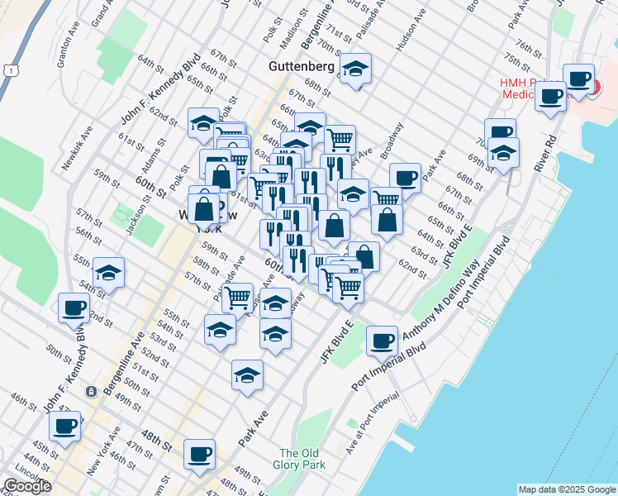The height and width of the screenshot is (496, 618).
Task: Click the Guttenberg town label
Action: click(x=301, y=65)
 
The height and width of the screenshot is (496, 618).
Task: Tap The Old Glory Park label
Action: click(x=300, y=460)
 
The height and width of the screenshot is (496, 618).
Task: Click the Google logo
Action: click(x=27, y=485)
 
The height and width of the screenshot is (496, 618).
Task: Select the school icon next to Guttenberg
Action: click(x=355, y=69)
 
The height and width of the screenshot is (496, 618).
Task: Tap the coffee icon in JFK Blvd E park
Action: click(x=382, y=341)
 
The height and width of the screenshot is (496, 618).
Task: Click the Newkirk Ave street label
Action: click(x=78, y=150)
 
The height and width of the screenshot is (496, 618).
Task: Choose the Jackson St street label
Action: click(x=133, y=213)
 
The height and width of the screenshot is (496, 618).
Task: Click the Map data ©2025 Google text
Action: click(x=567, y=489)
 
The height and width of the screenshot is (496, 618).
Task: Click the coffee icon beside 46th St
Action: click(x=65, y=427)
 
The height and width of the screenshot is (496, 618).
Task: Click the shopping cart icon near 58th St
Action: click(x=237, y=297)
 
